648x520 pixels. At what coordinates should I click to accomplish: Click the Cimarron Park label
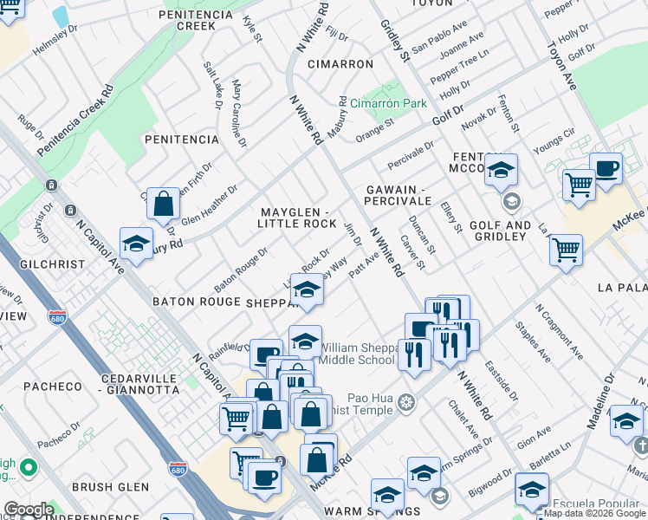pos(394,103)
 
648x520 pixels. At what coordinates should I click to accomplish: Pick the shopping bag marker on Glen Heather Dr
pos(163,205)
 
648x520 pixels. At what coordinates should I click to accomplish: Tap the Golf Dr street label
pos(449,114)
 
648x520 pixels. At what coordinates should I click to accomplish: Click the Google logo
pos(29,510)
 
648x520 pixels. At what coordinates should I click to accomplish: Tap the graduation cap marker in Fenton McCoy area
pos(501,171)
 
